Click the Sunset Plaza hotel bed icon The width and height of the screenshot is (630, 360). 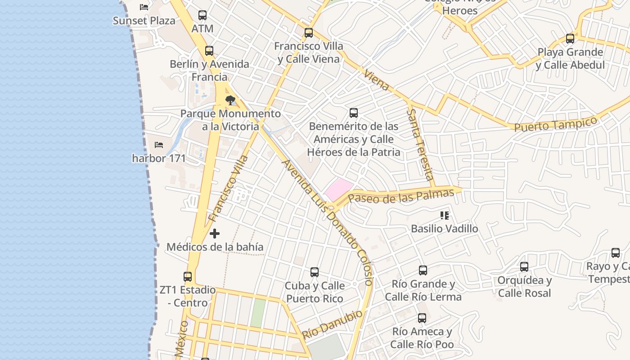144,7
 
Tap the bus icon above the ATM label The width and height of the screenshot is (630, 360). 202,15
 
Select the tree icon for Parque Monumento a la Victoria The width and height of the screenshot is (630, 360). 230,100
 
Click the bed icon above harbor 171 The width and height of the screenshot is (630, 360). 159,145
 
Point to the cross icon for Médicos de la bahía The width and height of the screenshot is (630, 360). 215,234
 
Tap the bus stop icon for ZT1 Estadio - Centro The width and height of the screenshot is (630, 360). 188,276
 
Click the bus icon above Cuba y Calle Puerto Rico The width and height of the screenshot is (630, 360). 315,272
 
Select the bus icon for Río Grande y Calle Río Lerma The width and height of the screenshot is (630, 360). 423,270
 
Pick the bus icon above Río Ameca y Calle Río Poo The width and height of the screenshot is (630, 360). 422,318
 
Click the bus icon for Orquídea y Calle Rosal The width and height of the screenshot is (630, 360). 524,267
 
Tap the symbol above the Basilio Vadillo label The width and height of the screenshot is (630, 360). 445,216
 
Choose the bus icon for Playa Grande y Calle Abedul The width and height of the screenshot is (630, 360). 570,39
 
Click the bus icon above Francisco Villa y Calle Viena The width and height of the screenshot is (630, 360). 308,33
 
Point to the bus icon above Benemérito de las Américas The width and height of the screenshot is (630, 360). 354,113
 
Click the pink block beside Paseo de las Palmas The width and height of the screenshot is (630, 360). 338,189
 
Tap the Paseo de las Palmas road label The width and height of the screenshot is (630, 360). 401,196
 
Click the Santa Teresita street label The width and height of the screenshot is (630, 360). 421,144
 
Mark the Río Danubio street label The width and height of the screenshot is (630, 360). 332,324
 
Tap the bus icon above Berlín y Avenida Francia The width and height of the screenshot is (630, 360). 209,51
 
